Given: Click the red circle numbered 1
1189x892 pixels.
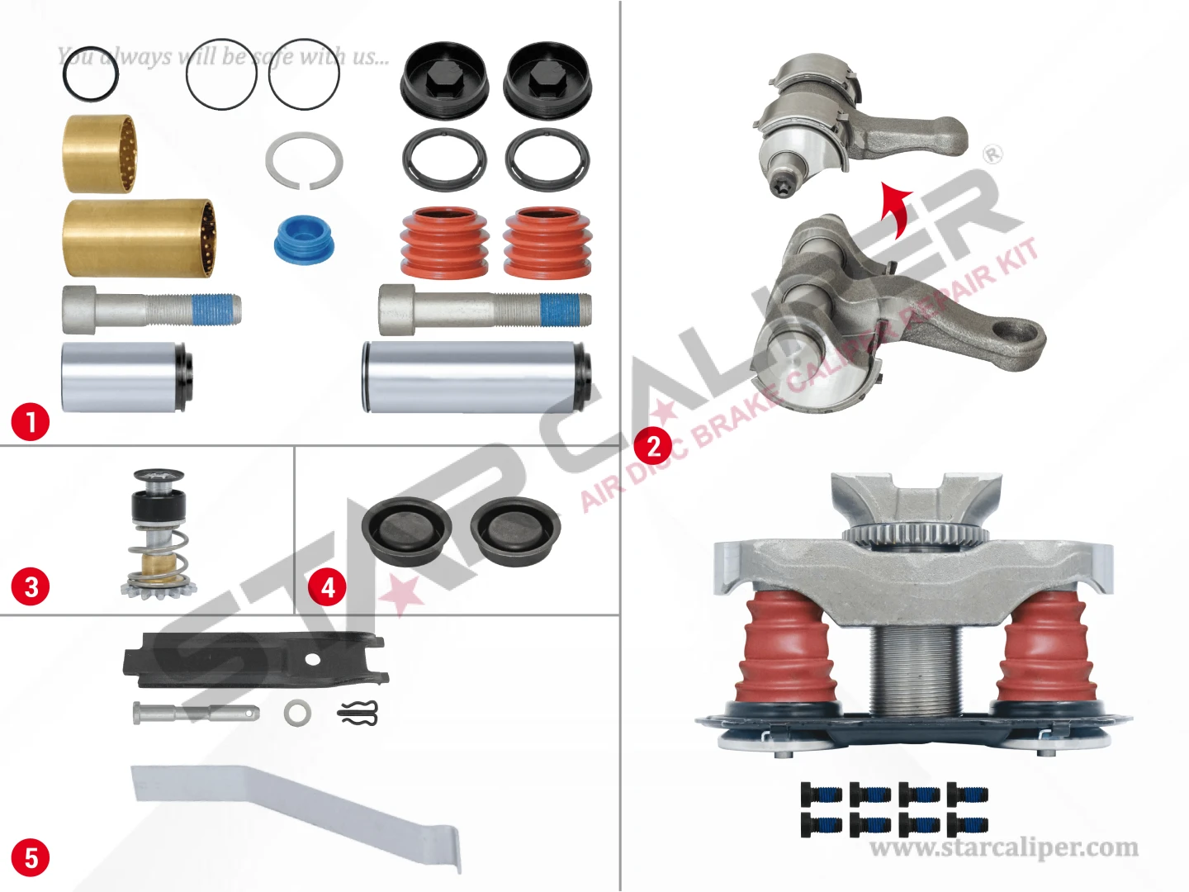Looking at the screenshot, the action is click(x=31, y=421).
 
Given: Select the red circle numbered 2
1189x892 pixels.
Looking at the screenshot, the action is click(x=654, y=446).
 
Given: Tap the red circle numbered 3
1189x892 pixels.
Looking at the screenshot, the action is click(x=31, y=587).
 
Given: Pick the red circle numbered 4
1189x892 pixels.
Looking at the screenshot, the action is click(x=328, y=587).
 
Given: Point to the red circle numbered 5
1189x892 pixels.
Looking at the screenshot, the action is click(x=31, y=858).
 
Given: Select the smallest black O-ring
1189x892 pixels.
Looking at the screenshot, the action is click(x=91, y=74).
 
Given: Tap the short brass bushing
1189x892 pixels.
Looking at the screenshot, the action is click(x=102, y=154).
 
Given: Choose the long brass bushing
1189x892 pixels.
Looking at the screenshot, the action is click(x=140, y=239).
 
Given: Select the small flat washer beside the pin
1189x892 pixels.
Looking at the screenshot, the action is click(x=297, y=713).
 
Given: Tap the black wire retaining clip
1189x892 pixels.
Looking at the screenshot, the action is click(x=358, y=713).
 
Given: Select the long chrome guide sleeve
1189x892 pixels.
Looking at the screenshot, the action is click(x=478, y=377).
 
